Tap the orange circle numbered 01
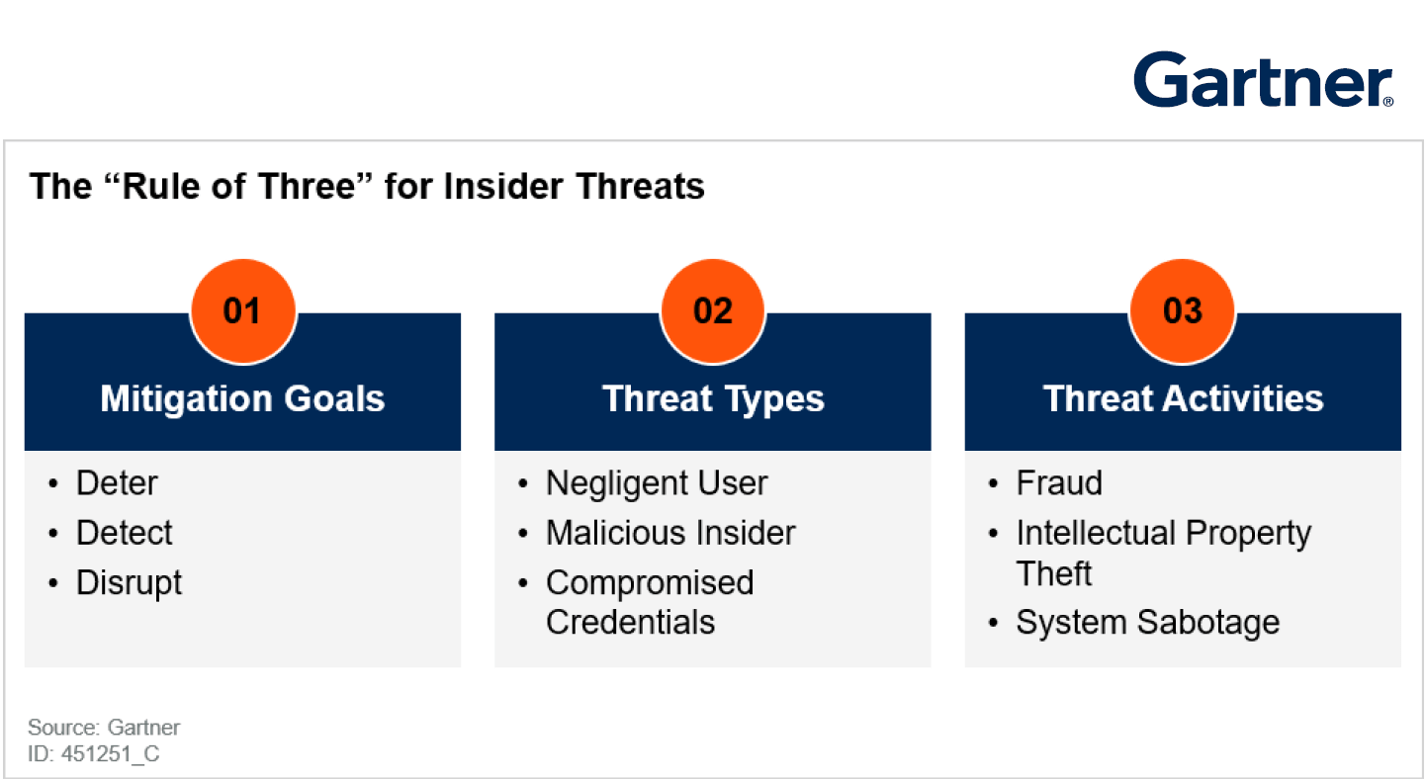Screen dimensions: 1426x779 pos(243,311)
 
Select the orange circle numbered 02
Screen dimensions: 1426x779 pos(713,311)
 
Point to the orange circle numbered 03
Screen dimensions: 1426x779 pos(1183,311)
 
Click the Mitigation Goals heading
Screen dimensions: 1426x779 pos(242,399)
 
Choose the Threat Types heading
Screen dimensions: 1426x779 pos(713,399)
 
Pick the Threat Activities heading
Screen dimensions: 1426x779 pos(1184,399)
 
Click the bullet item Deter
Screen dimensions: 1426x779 pos(117,483)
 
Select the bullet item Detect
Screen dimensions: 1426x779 pos(125,533)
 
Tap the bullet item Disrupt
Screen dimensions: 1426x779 pos(129,583)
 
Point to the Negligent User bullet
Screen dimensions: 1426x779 pos(657,483)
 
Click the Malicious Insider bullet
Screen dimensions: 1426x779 pos(671,533)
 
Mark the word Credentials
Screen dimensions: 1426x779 pos(630,622)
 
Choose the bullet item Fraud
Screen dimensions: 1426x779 pos(1059,483)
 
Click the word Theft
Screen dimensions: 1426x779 pos(1053,573)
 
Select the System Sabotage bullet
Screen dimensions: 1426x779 pos(1148,623)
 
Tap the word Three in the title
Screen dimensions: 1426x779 pos(306,187)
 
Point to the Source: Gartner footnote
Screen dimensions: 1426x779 pos(104,727)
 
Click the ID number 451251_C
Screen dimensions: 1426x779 pos(110,754)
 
